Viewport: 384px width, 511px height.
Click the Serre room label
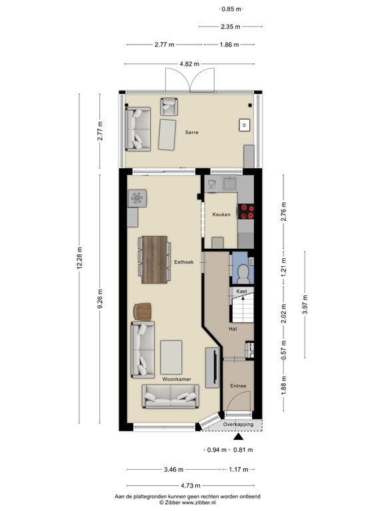(x=192, y=132)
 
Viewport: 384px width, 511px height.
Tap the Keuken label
(x=221, y=214)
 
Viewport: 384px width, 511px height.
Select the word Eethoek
(x=184, y=262)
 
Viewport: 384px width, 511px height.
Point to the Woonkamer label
(x=177, y=379)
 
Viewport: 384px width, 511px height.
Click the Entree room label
(x=238, y=386)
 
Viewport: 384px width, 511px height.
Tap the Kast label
(x=241, y=291)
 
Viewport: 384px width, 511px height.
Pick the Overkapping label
(x=238, y=425)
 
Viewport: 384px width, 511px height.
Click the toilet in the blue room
(x=243, y=273)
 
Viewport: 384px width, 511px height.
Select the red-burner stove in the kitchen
(x=246, y=211)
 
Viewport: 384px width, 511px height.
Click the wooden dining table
(x=155, y=259)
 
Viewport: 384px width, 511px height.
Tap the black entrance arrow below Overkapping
(x=239, y=436)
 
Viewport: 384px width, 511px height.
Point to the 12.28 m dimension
(x=79, y=258)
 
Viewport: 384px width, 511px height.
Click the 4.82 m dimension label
(x=189, y=64)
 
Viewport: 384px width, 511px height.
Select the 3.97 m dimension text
(x=305, y=305)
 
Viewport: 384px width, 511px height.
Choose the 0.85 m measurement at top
(x=231, y=9)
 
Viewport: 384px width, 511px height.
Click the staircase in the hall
(x=243, y=309)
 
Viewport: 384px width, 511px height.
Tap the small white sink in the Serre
(x=245, y=125)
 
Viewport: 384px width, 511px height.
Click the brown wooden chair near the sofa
(x=143, y=312)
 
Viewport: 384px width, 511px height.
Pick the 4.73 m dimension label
(x=191, y=486)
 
